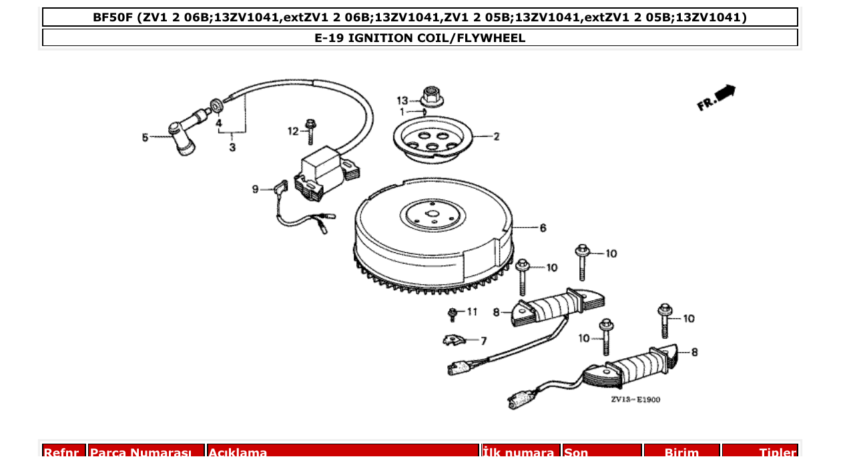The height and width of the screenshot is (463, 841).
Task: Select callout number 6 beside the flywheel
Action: pos(543,228)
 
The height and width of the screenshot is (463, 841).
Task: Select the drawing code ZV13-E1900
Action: pos(635,400)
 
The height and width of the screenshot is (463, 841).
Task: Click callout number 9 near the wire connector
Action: pos(255,189)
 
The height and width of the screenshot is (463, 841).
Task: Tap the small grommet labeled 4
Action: pos(218,105)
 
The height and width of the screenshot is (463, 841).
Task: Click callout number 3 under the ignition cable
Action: pos(232,147)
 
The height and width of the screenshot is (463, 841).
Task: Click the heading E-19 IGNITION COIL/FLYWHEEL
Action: pos(420,38)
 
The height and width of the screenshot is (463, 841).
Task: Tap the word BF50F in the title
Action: pos(113,17)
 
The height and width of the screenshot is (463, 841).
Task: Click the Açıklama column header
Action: pos(238,452)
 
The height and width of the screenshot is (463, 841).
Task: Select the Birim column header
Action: pos(681,452)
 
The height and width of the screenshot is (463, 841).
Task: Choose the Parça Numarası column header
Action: pos(146,452)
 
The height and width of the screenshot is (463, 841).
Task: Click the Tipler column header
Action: pos(777,452)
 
